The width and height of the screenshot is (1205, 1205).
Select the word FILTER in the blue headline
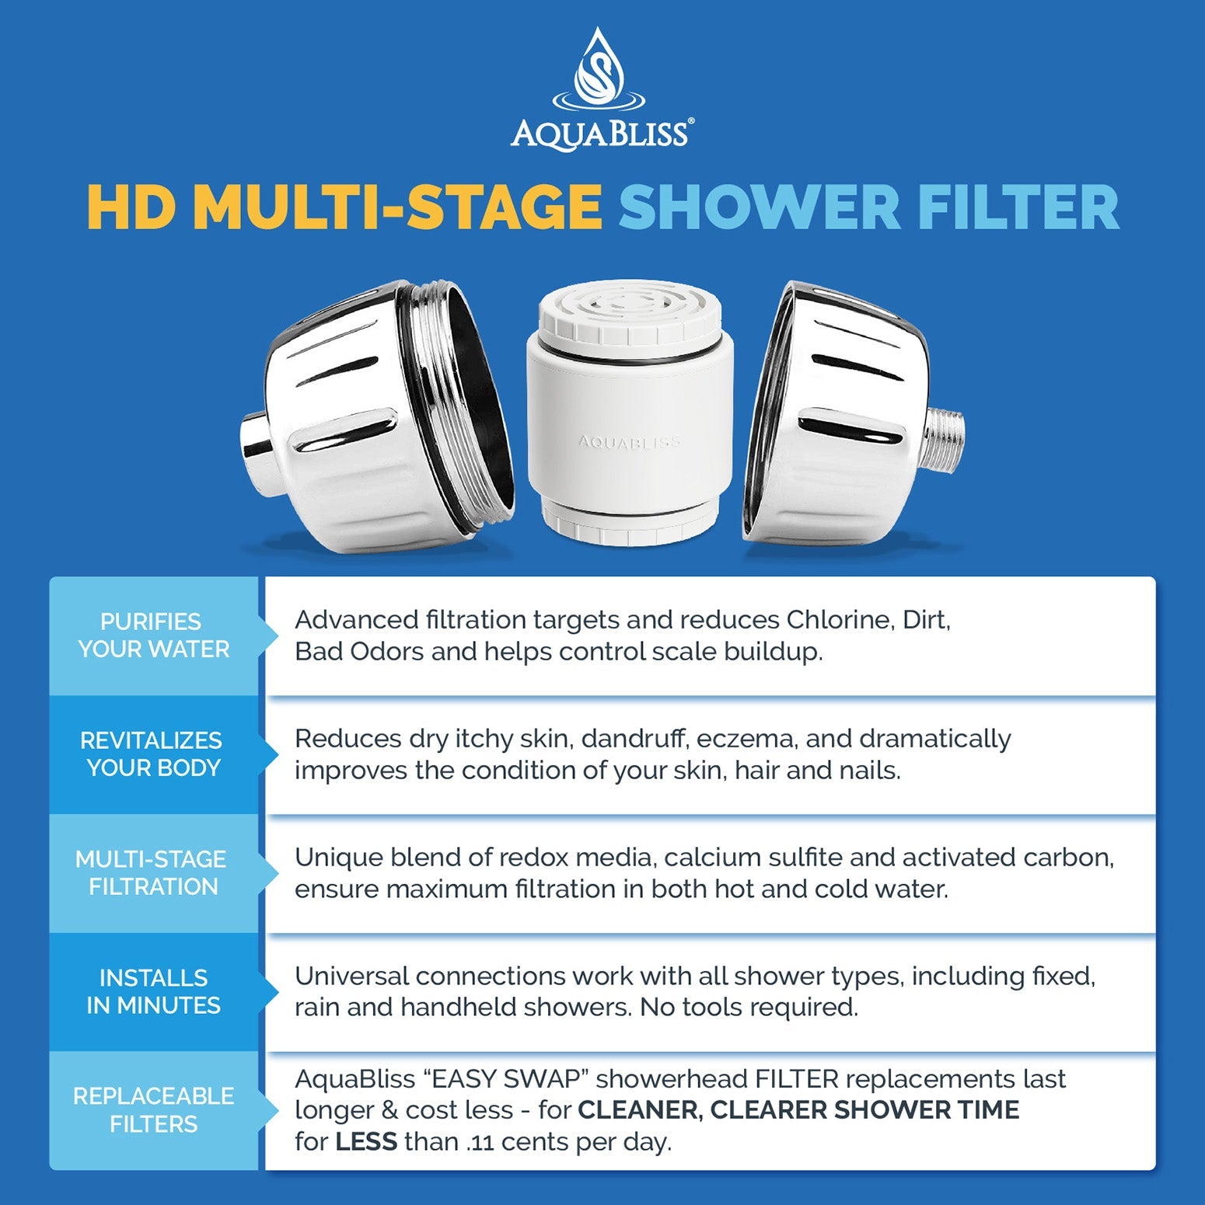click(1018, 207)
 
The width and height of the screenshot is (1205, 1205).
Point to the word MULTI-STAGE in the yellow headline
click(397, 207)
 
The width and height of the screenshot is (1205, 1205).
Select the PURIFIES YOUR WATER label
click(153, 636)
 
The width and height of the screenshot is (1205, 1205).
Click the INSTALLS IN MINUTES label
click(153, 991)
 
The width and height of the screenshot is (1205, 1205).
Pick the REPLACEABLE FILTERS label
click(153, 1110)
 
